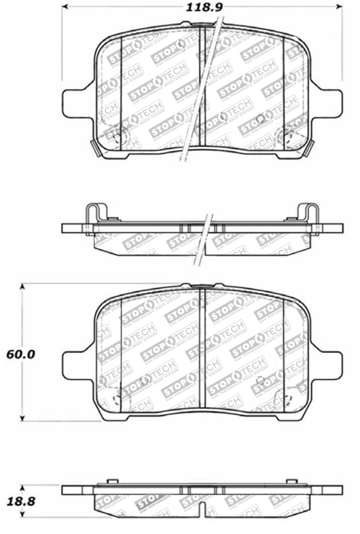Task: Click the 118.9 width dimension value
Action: coord(202,6)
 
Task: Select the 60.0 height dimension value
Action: coord(21,354)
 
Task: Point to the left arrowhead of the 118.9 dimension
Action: coord(64,7)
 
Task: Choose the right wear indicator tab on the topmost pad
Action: coord(310,148)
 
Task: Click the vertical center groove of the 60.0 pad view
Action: coord(202,351)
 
